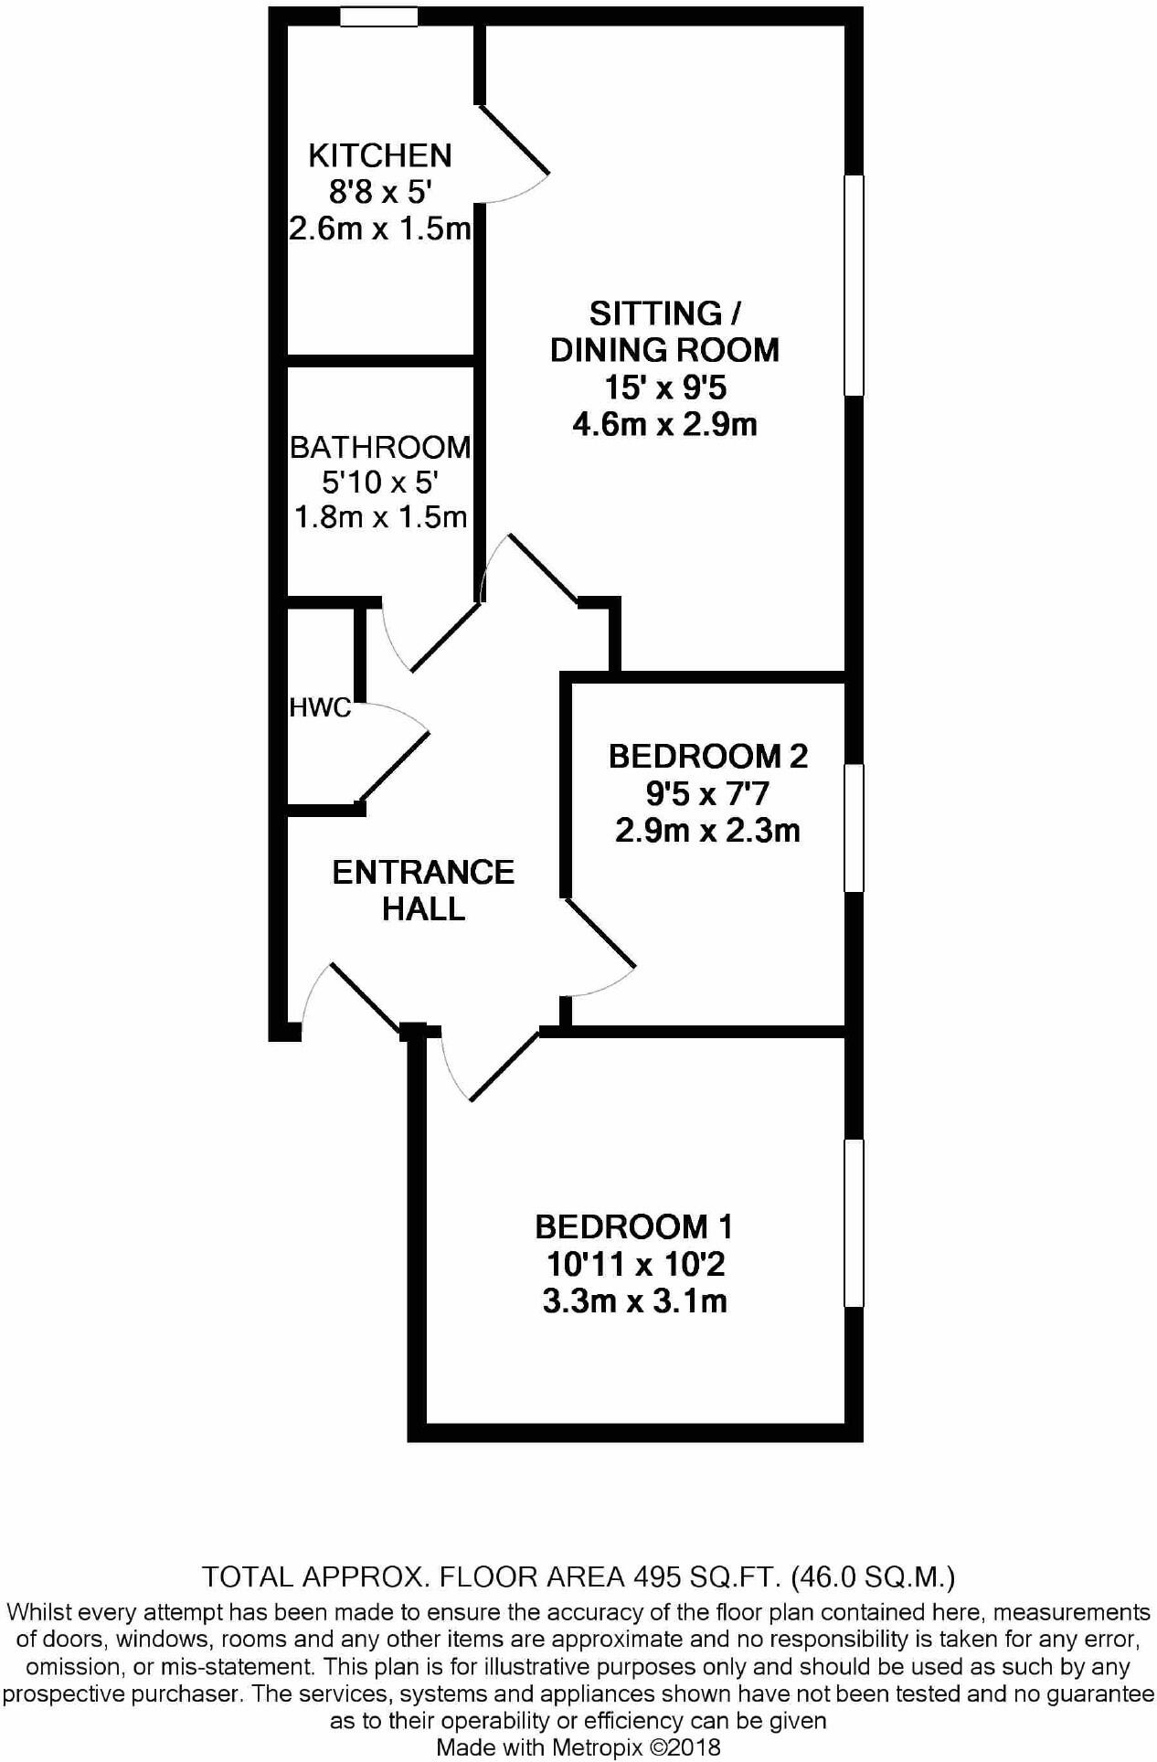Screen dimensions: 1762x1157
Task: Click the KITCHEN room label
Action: (x=379, y=156)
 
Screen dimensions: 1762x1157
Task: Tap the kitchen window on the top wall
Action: (x=379, y=16)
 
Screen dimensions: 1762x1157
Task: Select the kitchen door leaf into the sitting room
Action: (x=514, y=140)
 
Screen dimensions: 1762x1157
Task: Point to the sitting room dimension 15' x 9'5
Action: (x=664, y=387)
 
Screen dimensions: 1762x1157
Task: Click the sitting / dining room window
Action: (x=854, y=285)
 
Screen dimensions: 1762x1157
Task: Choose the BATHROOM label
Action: (x=380, y=447)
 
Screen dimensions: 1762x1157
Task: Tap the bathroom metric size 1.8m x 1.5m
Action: (x=380, y=517)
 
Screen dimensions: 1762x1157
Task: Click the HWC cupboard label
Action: (x=320, y=706)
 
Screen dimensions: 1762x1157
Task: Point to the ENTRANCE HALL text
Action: (x=423, y=890)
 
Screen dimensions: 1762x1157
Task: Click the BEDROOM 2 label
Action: (x=707, y=756)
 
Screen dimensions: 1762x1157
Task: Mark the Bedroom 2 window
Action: (x=854, y=828)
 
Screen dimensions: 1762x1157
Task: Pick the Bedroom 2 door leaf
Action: (x=600, y=933)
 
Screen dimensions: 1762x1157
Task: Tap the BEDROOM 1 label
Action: (x=634, y=1226)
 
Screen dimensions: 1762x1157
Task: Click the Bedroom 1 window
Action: (x=854, y=1223)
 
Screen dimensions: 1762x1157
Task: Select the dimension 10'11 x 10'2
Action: (x=635, y=1264)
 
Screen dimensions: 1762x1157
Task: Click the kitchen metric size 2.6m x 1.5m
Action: (x=379, y=228)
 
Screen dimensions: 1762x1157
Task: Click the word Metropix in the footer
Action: (x=599, y=1747)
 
